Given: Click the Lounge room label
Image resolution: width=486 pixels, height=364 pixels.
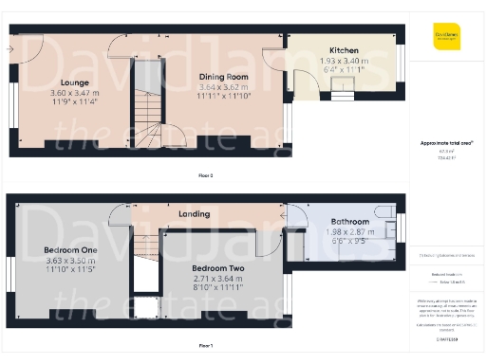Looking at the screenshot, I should [x=68, y=82].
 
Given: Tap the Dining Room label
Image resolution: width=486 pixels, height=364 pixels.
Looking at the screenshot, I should [x=223, y=76].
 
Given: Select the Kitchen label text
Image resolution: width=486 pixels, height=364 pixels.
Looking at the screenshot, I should [x=345, y=50].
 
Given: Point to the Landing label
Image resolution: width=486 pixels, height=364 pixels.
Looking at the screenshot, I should [x=195, y=214].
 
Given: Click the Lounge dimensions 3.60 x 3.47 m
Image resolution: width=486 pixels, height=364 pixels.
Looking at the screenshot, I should [x=68, y=93].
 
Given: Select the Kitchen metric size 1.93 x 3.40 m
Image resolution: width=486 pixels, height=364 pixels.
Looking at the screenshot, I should [x=345, y=60].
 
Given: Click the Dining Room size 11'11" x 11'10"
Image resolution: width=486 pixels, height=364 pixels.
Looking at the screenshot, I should [x=223, y=96].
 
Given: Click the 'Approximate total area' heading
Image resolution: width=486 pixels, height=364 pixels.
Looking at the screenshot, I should [x=446, y=142].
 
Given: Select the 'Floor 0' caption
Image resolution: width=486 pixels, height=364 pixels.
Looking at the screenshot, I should [x=205, y=176].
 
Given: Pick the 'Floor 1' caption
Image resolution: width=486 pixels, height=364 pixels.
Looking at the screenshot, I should [x=205, y=347].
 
